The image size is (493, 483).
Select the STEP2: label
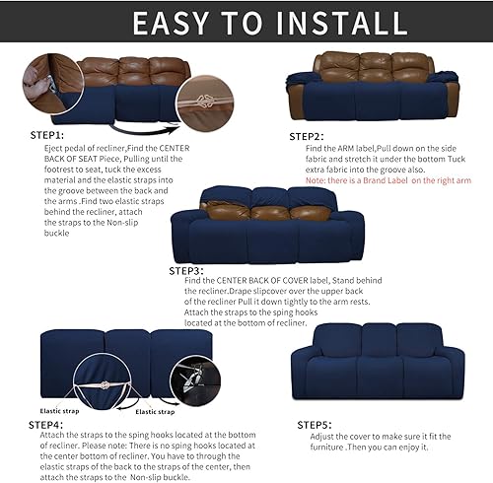coord(306,136)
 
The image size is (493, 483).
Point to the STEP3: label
coord(186,270)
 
